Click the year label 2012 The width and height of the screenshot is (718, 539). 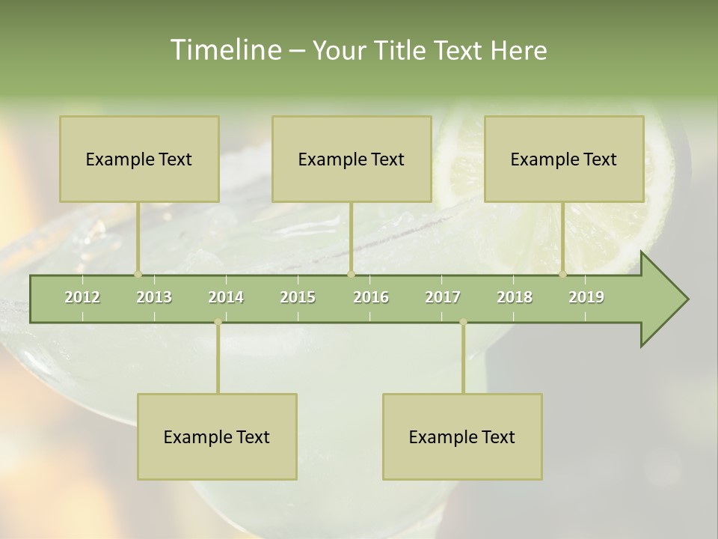coord(82,297)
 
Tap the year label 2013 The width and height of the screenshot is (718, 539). coord(154,297)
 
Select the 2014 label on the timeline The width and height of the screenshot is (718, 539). coord(226,297)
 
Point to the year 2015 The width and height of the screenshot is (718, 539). coord(298,297)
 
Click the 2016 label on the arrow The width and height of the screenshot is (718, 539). coord(371,297)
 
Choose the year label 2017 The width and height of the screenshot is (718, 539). coord(443,297)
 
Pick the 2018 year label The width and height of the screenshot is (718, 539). coord(515,297)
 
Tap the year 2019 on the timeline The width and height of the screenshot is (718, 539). coord(586,297)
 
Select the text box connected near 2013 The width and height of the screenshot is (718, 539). coord(139,159)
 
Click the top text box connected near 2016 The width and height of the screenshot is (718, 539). coord(352,159)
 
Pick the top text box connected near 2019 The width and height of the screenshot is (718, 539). coord(564,159)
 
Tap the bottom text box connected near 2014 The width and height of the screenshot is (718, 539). coord(217,436)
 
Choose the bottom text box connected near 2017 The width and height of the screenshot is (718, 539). coord(462,436)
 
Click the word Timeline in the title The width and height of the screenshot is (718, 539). coord(224,50)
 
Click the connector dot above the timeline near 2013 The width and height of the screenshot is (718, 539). coord(138,274)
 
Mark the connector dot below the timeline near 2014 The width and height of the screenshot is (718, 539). coord(218,322)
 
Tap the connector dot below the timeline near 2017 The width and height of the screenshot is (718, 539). coord(463,322)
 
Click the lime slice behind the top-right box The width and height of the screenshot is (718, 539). coord(613,232)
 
